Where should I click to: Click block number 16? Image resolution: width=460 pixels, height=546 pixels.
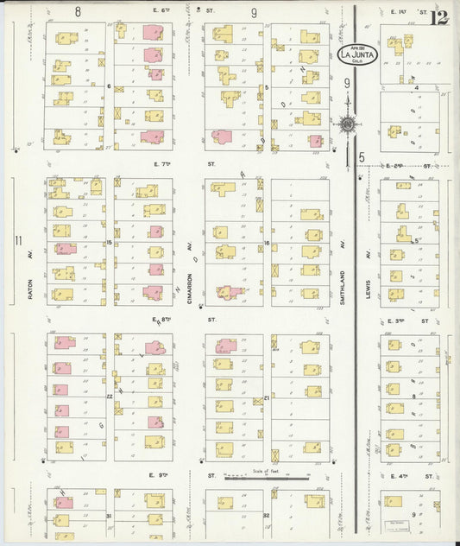click(267, 243)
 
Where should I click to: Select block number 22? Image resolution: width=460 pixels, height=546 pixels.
click(110, 397)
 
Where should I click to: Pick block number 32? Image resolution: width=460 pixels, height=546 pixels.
click(266, 516)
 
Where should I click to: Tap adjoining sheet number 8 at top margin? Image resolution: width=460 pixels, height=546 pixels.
click(78, 12)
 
